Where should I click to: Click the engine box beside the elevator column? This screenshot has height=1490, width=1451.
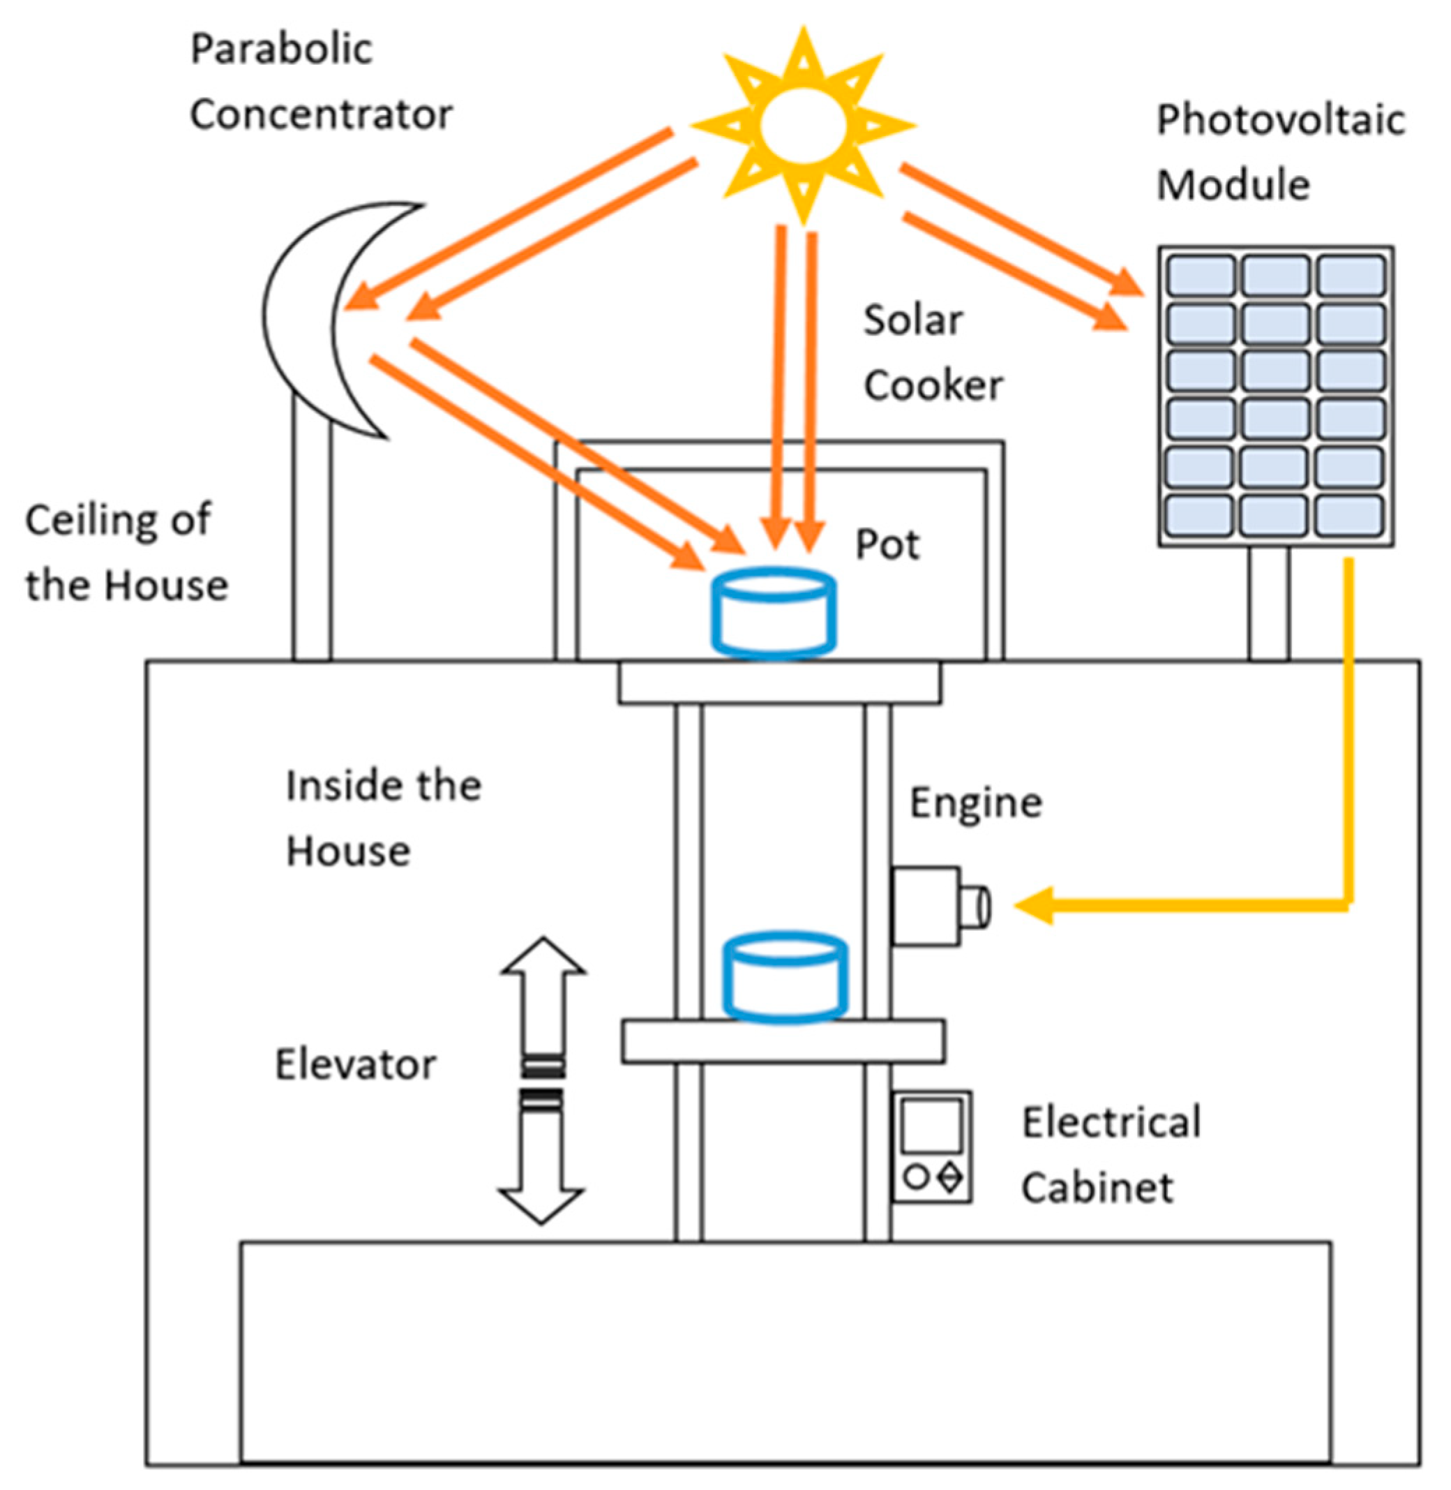tap(925, 906)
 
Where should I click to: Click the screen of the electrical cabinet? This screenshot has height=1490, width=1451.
tap(931, 1125)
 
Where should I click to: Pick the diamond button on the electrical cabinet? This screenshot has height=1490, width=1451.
tap(950, 1177)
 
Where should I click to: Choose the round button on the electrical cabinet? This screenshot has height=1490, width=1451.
tap(915, 1177)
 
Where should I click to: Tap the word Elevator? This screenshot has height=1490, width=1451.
tap(355, 1064)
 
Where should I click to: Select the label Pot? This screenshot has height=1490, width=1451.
tap(887, 544)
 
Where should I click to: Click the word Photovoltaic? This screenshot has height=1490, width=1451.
tap(1280, 121)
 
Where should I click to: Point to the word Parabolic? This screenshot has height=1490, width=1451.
tap(281, 50)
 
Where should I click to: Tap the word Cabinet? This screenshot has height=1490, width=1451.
tap(1097, 1187)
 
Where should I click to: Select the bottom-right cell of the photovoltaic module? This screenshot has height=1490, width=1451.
tap(1348, 515)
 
